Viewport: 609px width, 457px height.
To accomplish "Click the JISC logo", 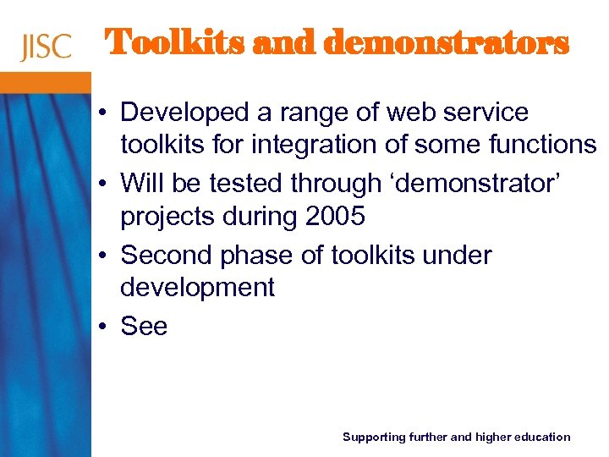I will tap(46, 46).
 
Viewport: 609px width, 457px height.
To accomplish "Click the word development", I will tap(197, 288).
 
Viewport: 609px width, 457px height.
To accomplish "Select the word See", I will tap(145, 326).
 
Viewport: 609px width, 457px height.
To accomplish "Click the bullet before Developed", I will tap(101, 113).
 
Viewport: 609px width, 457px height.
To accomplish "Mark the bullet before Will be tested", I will tap(101, 184).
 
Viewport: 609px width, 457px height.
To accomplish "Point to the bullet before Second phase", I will tap(101, 256).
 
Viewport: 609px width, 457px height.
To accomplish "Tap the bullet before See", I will tap(101, 327).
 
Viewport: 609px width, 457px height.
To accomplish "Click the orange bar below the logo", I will tap(46, 82).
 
